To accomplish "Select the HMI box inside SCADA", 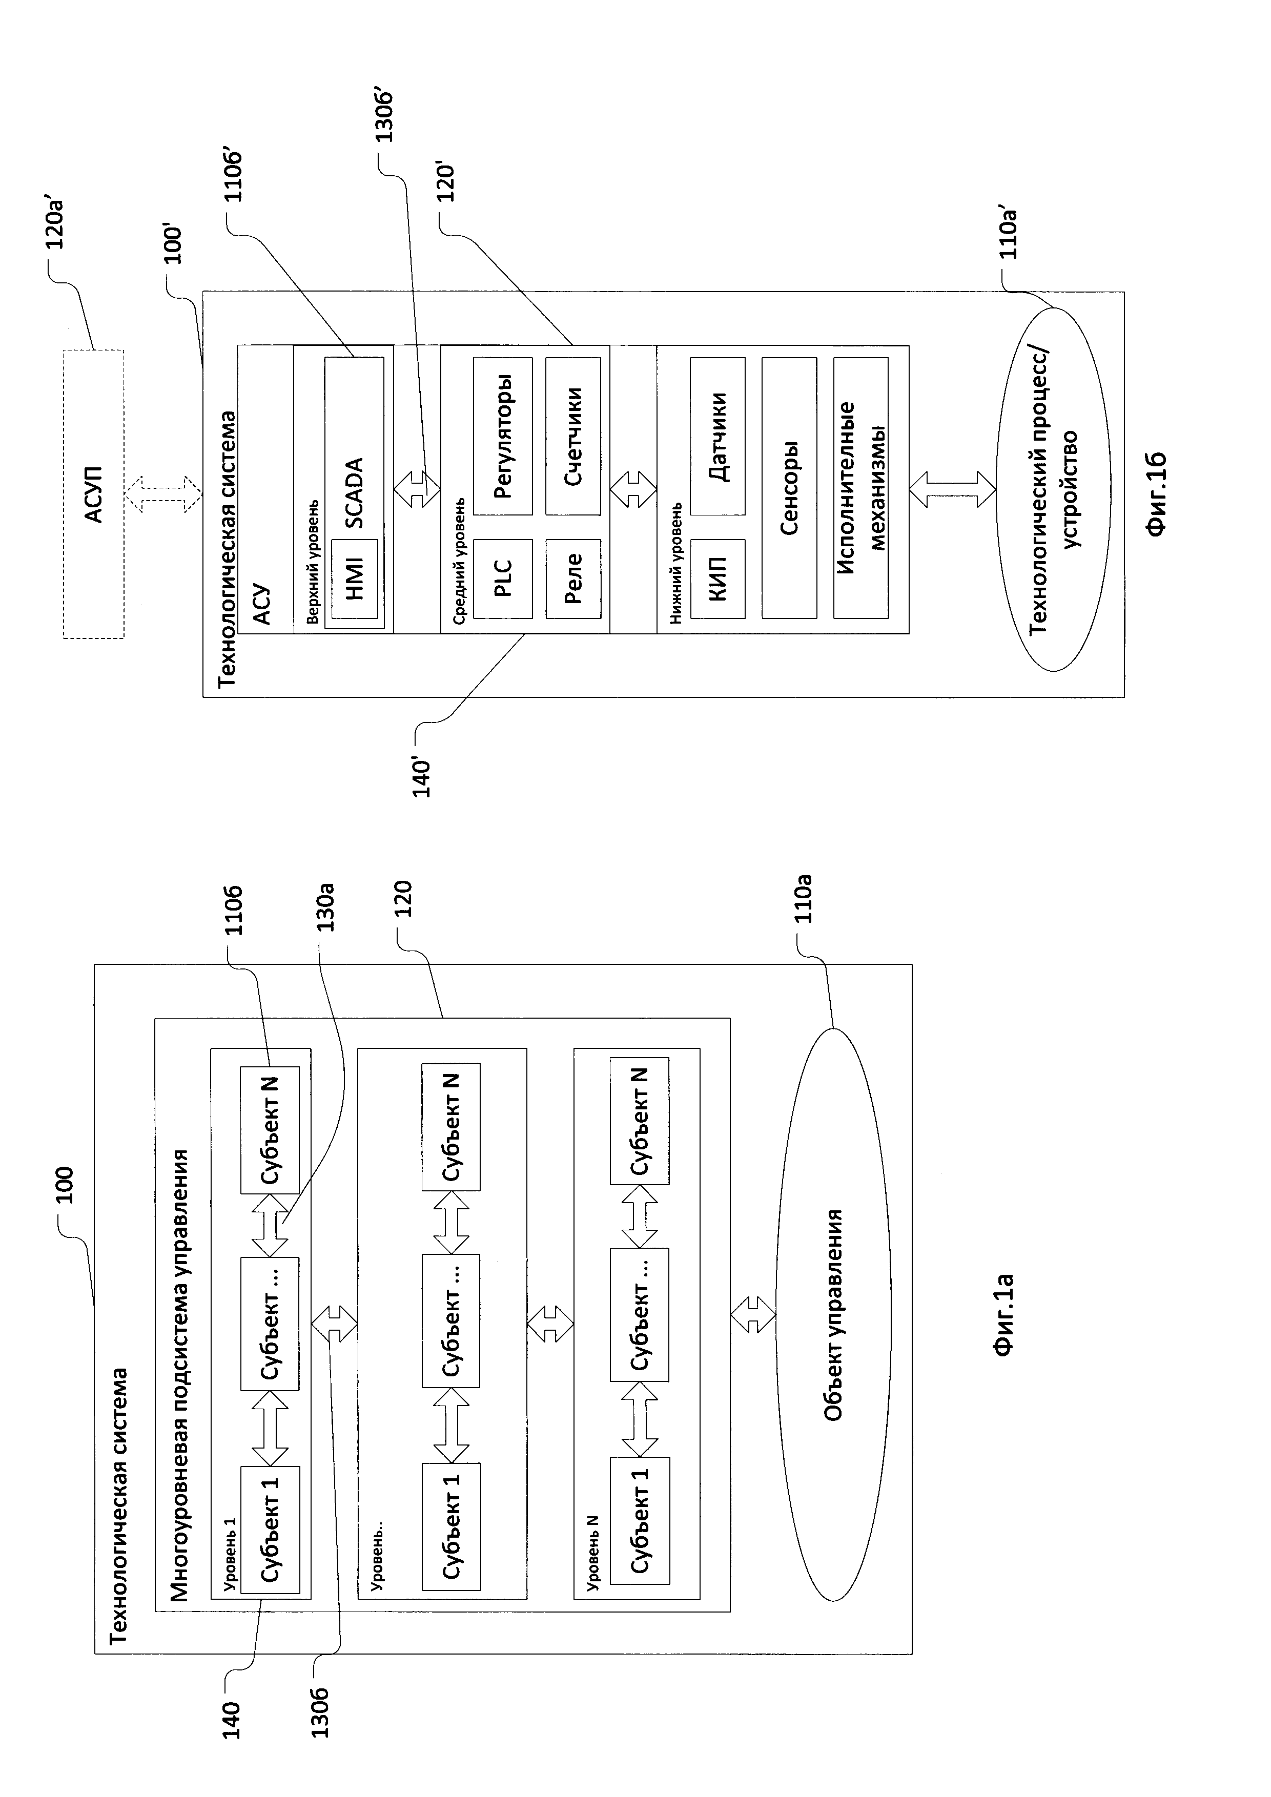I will coord(355,579).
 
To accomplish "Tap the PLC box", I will coord(502,579).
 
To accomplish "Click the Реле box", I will coord(573,579).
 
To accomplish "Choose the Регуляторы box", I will coord(502,436).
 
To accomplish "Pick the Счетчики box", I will coord(573,436).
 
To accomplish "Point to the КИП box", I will coord(717,579).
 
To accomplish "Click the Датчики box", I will coord(717,436).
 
